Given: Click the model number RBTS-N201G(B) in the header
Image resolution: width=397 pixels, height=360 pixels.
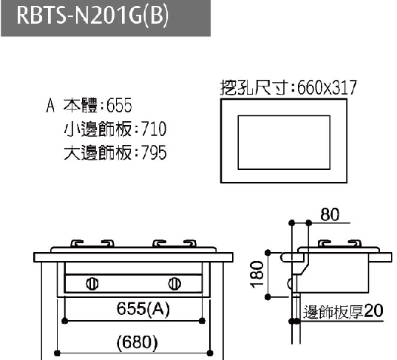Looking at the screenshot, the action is click(92, 16).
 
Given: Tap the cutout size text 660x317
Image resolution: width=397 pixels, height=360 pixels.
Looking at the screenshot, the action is click(327, 87).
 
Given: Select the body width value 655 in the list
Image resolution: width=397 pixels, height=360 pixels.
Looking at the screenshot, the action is click(119, 105).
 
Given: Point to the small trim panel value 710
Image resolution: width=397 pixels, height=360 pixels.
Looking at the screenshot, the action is click(154, 129).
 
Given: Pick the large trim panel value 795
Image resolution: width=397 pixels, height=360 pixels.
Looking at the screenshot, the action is click(154, 152).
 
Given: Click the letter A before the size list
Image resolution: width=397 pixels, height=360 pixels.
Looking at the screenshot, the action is click(50, 105).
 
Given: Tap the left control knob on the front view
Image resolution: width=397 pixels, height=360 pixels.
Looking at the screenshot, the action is click(92, 284).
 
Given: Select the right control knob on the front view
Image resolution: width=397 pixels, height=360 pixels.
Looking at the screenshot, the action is click(174, 284).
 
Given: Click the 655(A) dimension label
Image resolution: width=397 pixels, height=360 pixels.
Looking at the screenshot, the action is click(143, 309).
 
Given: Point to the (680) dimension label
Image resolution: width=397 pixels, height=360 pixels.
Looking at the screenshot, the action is click(137, 342).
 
